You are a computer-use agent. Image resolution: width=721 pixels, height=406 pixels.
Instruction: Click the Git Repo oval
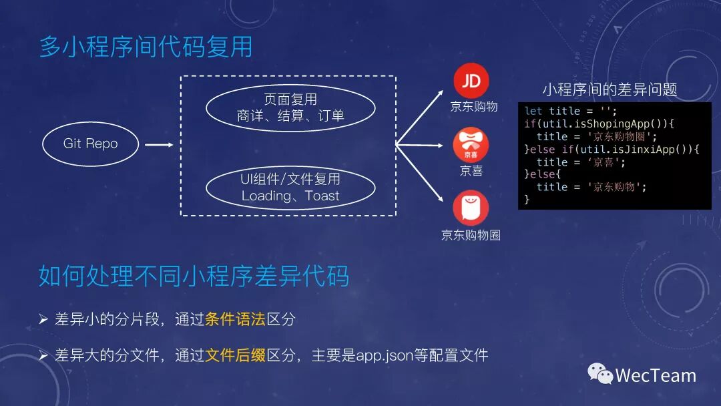(90, 144)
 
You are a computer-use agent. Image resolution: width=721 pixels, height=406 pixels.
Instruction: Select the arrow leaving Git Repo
(159, 144)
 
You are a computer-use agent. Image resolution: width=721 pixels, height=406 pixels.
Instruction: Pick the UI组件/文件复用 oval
(290, 188)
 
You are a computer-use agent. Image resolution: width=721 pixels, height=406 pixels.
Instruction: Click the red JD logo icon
(471, 81)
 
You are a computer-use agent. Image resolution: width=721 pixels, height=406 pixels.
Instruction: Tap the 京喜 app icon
(471, 145)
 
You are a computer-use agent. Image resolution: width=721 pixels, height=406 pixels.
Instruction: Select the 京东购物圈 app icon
(471, 208)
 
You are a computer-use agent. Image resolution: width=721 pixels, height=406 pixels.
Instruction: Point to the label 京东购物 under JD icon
(474, 106)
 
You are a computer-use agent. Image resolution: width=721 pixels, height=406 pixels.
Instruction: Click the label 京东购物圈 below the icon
(471, 235)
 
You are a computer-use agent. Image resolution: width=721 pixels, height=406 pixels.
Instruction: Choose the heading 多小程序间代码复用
(146, 47)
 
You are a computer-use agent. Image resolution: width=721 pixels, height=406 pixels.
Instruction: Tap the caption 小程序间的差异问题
(610, 89)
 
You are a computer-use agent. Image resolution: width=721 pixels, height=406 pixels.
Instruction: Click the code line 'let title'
(571, 111)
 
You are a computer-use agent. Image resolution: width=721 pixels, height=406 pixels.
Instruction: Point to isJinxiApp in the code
(644, 149)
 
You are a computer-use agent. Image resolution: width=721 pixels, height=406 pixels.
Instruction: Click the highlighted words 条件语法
(235, 319)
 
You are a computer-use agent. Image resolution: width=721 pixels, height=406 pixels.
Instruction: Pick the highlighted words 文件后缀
(235, 355)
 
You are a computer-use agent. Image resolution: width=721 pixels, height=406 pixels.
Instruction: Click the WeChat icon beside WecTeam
(600, 374)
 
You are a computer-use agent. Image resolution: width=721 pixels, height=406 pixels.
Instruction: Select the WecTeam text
(656, 375)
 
